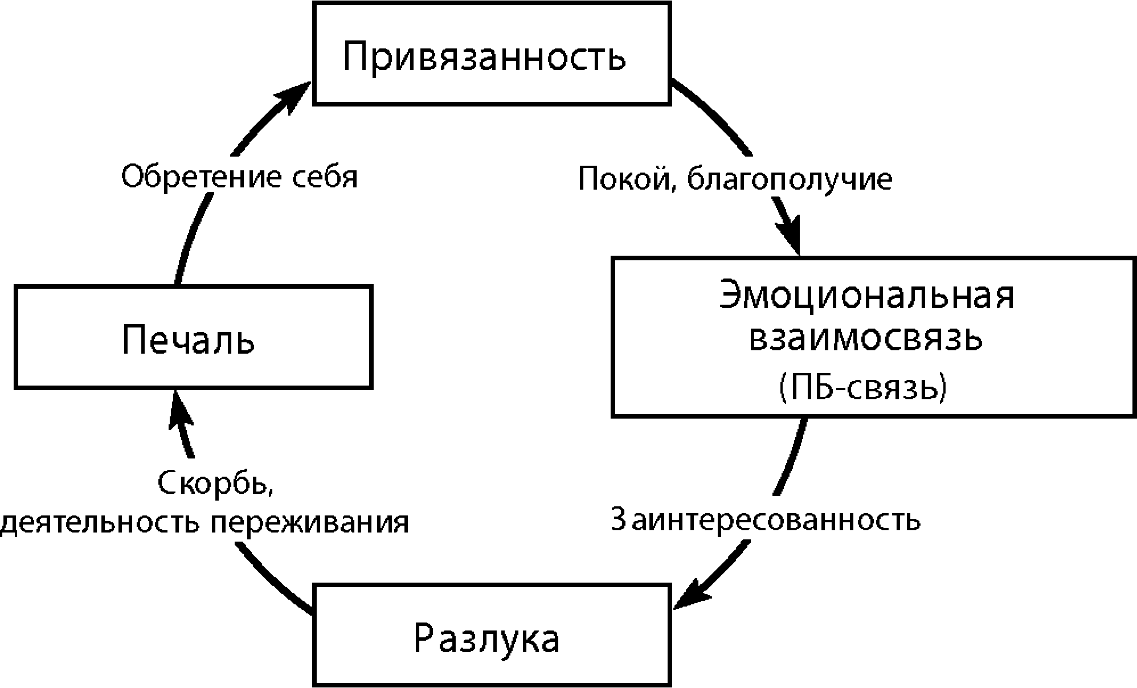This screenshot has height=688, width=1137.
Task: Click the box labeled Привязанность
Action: [x=492, y=53]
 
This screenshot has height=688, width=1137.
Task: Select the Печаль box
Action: [x=194, y=337]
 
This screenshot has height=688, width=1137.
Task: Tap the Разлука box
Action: [x=492, y=634]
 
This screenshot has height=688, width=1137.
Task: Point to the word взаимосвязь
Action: [x=866, y=338]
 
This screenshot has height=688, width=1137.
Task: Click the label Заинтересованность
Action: [x=764, y=519]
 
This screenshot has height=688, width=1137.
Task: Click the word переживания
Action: [x=310, y=522]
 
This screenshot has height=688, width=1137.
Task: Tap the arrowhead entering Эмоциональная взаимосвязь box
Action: [x=790, y=235]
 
